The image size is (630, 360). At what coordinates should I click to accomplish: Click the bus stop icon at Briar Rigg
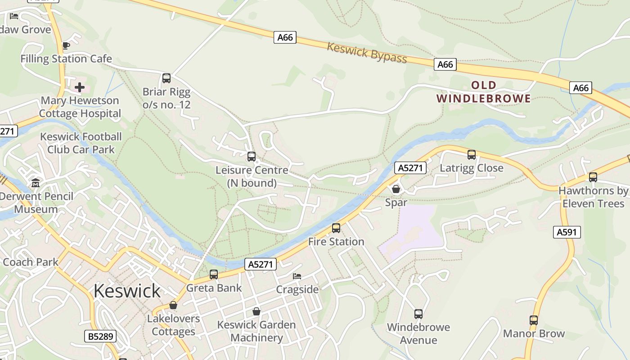pos(166,78)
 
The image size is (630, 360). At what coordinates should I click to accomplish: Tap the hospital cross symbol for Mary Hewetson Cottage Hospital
pos(80,87)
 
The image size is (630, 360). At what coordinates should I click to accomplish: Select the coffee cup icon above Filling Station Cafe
pos(66,45)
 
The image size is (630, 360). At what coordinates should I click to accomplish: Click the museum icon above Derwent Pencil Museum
pos(36,183)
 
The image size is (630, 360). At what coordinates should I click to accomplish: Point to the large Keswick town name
pos(127,291)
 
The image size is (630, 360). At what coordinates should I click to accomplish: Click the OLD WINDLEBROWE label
pos(484,92)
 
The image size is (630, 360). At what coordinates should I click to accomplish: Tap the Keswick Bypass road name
pos(367,53)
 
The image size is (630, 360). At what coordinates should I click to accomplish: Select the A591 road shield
pos(567,232)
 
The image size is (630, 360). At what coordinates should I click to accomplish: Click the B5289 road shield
pos(100,336)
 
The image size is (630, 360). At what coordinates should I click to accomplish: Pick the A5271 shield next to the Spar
pos(410,168)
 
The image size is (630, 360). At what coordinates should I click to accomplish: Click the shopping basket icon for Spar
pos(396,189)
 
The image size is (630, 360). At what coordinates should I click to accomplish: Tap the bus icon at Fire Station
pos(336,228)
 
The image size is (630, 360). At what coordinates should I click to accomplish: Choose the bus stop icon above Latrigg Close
pos(472,155)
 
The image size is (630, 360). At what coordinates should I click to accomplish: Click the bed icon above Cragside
pos(297,276)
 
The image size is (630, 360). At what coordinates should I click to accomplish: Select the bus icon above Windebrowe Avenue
pos(418,314)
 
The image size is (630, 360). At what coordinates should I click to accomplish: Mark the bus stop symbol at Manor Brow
pos(534,320)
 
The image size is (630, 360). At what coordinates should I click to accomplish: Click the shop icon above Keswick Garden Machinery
pos(256,311)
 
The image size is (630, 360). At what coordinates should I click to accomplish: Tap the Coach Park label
pos(31,262)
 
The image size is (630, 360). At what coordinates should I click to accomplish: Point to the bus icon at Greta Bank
pos(214,274)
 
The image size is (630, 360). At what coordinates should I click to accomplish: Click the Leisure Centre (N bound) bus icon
pos(252,157)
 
